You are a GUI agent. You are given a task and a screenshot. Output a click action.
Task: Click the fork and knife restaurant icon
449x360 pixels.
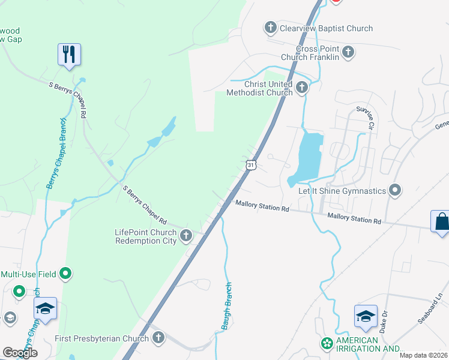click(69, 55)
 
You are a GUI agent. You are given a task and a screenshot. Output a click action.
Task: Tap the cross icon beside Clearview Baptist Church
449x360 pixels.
click(270, 28)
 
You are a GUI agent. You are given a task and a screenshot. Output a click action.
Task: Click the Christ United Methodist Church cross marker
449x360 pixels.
click(301, 88)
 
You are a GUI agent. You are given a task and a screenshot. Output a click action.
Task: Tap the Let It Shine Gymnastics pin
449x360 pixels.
click(395, 191)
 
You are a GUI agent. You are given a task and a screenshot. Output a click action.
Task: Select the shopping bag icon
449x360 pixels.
click(441, 221)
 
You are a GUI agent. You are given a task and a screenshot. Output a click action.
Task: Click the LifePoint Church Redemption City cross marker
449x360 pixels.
click(186, 236)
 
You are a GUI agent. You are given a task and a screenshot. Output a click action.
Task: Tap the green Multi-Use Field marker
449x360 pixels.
click(66, 274)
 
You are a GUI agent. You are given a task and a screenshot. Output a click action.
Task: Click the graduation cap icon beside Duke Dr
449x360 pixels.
click(366, 316)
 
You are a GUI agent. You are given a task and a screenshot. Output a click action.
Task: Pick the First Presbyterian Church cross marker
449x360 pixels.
click(158, 338)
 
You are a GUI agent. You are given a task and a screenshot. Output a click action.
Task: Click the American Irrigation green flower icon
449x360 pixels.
click(327, 344)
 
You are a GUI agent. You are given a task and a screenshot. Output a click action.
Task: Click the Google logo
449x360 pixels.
click(20, 353)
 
